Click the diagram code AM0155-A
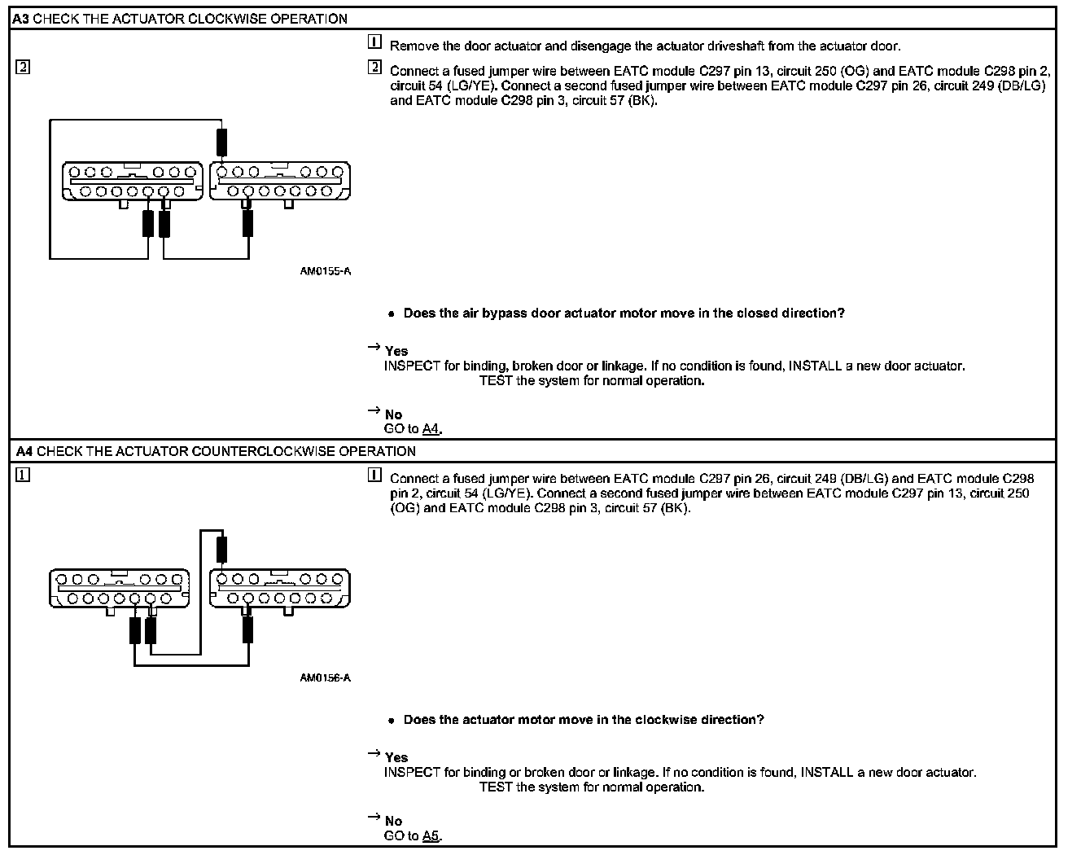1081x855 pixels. [x=325, y=271]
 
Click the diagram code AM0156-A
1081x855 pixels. [x=325, y=677]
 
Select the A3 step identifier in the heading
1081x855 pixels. [x=20, y=19]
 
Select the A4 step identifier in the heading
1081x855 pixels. [x=23, y=451]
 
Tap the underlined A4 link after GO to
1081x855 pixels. [x=431, y=429]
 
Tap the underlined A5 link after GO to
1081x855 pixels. [x=431, y=835]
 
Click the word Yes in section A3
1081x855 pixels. [x=396, y=351]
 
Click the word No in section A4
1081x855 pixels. [x=393, y=821]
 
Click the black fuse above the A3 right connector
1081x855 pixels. [x=221, y=142]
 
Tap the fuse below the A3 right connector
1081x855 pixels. [x=247, y=222]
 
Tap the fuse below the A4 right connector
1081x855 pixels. [x=247, y=629]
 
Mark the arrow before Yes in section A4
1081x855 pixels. [x=374, y=754]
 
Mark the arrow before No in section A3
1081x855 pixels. [x=374, y=411]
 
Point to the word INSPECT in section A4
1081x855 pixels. [x=412, y=772]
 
